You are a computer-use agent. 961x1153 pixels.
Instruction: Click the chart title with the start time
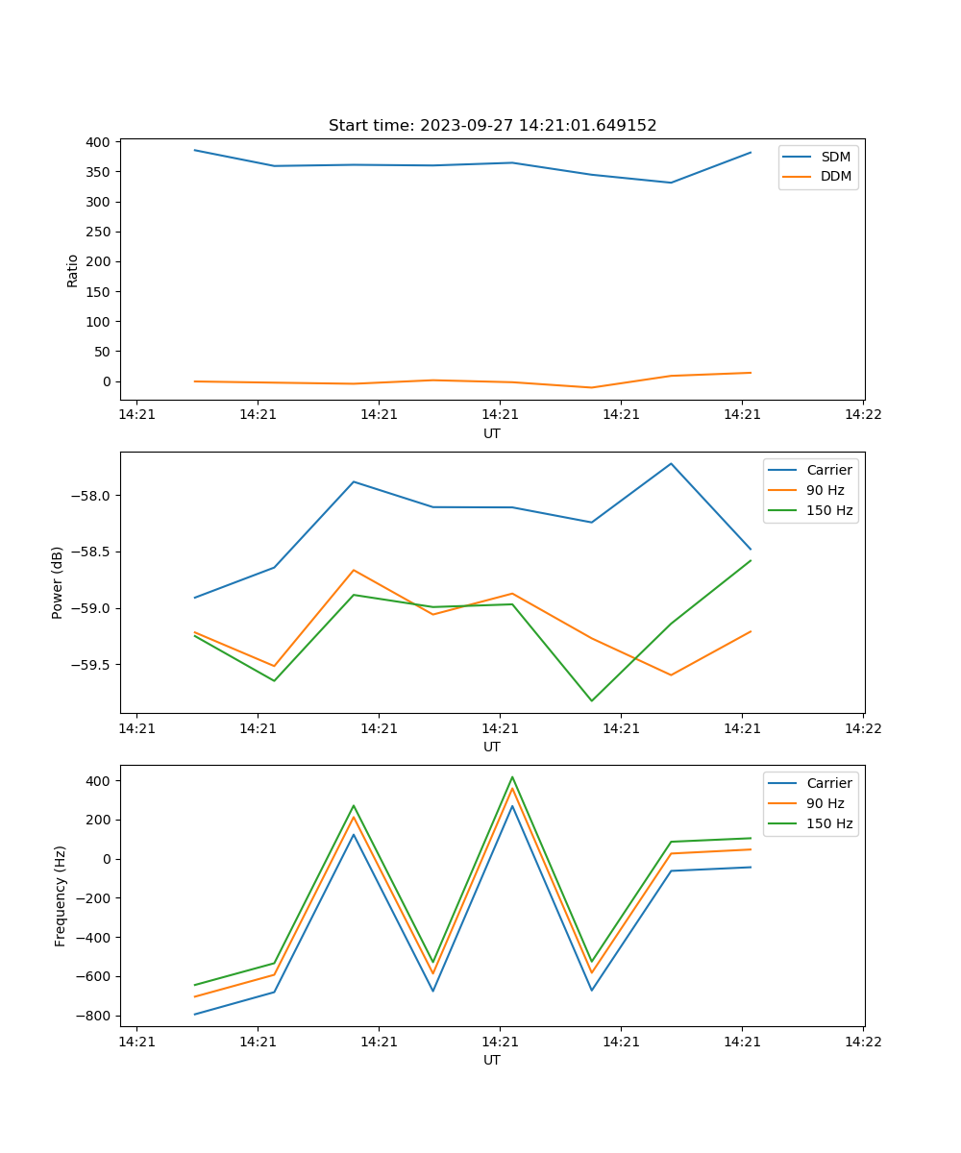click(x=492, y=126)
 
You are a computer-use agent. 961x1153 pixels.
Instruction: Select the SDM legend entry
click(x=834, y=157)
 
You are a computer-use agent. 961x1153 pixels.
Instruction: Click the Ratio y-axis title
click(x=73, y=270)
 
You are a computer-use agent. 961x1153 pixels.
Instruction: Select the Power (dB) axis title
click(x=58, y=582)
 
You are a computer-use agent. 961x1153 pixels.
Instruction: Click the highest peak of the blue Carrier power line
click(x=671, y=463)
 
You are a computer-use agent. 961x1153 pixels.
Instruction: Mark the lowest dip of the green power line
click(x=591, y=700)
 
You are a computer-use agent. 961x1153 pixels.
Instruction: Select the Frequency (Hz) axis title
click(x=61, y=895)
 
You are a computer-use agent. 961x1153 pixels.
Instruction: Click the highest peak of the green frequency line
click(x=512, y=776)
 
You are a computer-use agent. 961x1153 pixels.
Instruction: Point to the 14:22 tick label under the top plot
click(x=862, y=414)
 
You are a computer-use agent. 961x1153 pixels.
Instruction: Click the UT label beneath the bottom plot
click(x=492, y=1060)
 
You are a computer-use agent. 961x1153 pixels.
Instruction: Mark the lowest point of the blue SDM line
click(x=671, y=183)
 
